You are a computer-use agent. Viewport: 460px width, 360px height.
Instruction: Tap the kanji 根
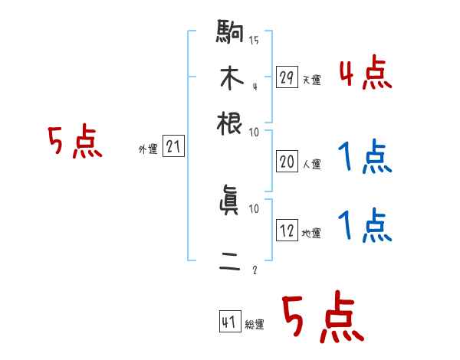pyautogui.click(x=231, y=122)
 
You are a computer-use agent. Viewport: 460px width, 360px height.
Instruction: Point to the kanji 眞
pyautogui.click(x=231, y=202)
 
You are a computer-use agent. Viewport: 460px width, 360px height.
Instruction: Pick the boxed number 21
pyautogui.click(x=173, y=147)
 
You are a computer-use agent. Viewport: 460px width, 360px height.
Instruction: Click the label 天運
pyautogui.click(x=310, y=80)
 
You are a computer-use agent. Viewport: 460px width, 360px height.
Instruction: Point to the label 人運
pyautogui.click(x=310, y=163)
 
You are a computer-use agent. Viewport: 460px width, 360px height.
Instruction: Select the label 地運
pyautogui.click(x=310, y=233)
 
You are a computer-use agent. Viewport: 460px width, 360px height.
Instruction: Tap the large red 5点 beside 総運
pyautogui.click(x=322, y=318)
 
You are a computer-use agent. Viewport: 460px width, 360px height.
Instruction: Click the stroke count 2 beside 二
pyautogui.click(x=254, y=270)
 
